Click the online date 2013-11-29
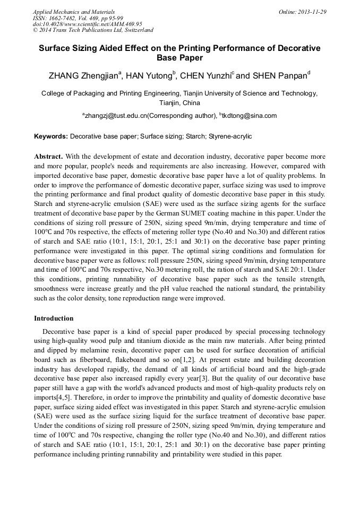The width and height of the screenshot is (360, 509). [313, 12]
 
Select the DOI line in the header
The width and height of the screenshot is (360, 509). [87, 24]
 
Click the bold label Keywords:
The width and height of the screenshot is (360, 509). [51, 136]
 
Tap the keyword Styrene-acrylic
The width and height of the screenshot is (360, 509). [230, 136]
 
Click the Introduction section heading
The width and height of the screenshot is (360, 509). [54, 318]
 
